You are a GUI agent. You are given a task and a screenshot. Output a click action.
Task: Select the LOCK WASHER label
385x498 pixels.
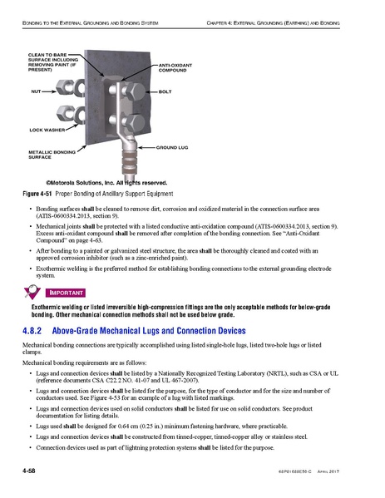click(47, 131)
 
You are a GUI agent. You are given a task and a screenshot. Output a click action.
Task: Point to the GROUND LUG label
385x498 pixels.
click(174, 146)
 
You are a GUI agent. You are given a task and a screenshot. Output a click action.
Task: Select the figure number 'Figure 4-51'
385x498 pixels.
click(39, 193)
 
